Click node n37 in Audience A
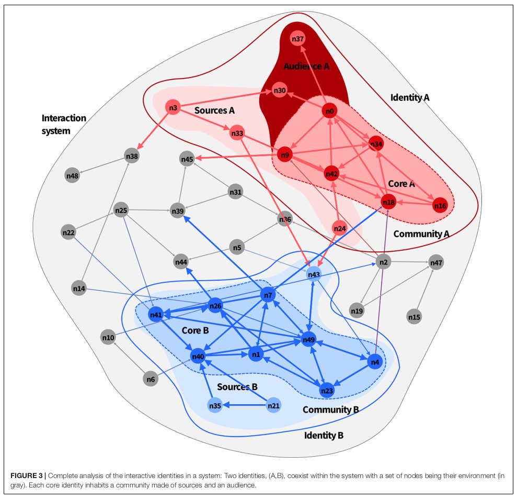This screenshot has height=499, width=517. click(298, 39)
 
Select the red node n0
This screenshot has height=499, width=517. click(329, 111)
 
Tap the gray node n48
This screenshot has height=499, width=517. click(72, 176)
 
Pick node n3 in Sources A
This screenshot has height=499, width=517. click(173, 108)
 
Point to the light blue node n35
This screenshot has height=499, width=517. click(215, 405)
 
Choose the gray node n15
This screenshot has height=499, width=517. click(414, 317)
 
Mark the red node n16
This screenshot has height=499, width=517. click(441, 206)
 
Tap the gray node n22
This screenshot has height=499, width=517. click(68, 232)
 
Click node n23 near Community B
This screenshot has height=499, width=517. click(327, 390)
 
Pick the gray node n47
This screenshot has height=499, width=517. click(436, 262)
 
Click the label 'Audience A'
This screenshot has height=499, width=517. click(306, 66)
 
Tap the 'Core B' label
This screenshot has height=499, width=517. click(195, 331)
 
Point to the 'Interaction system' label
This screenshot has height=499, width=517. click(63, 125)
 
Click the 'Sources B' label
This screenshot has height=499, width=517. click(237, 387)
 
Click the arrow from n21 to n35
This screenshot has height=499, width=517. click(245, 405)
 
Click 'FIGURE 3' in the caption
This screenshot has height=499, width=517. click(27, 475)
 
